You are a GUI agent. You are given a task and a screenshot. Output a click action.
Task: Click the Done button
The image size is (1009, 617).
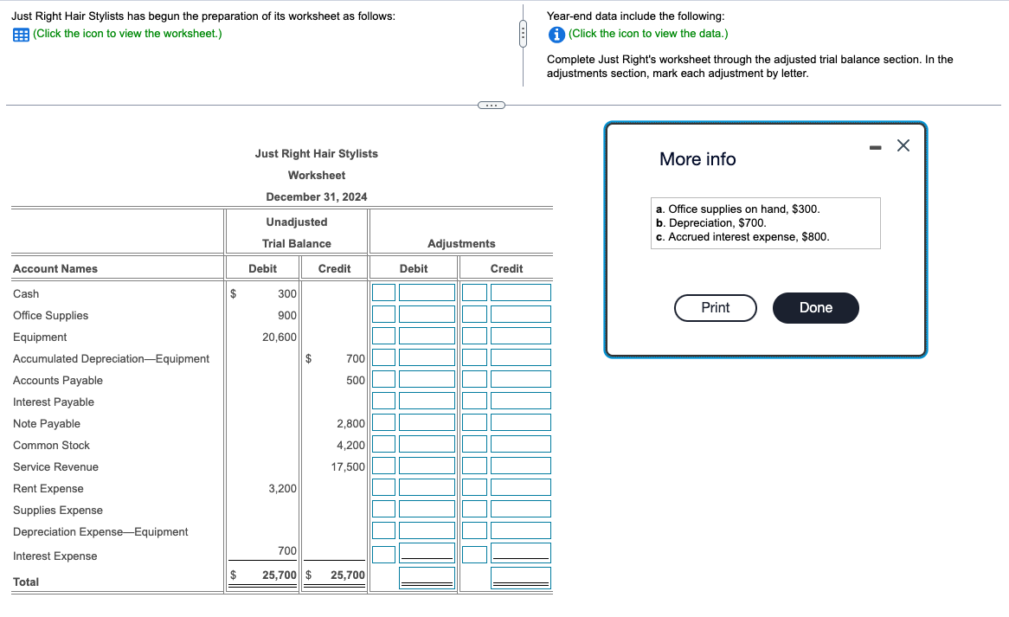pyautogui.click(x=815, y=307)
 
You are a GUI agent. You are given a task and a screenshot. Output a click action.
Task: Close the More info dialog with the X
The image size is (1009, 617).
pyautogui.click(x=903, y=145)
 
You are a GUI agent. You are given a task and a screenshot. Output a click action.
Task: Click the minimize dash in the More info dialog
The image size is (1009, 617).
pyautogui.click(x=875, y=147)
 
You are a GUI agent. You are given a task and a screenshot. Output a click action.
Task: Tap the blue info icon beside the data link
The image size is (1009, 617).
pyautogui.click(x=556, y=34)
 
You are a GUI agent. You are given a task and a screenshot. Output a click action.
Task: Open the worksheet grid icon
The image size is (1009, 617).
pyautogui.click(x=21, y=35)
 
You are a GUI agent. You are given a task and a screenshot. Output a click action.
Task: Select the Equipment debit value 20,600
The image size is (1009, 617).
pyautogui.click(x=280, y=337)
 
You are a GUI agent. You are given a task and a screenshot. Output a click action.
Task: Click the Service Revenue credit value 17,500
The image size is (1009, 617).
pyautogui.click(x=348, y=467)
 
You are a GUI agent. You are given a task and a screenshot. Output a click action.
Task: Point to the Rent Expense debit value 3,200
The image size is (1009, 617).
pyautogui.click(x=282, y=489)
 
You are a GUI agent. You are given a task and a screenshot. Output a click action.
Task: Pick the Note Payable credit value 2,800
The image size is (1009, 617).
pyautogui.click(x=350, y=424)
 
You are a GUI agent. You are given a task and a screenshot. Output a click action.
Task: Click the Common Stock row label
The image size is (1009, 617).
pyautogui.click(x=51, y=445)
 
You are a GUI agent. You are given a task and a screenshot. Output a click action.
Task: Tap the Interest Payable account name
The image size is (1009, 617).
pyautogui.click(x=54, y=402)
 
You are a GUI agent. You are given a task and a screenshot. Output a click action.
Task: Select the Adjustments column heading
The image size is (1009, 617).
pyautogui.click(x=461, y=244)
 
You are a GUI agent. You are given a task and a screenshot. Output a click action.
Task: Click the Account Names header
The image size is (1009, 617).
pyautogui.click(x=55, y=269)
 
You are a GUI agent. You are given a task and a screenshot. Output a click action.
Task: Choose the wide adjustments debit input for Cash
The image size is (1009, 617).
pyautogui.click(x=427, y=292)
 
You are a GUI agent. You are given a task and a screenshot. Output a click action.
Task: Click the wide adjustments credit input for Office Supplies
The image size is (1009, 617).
pyautogui.click(x=521, y=314)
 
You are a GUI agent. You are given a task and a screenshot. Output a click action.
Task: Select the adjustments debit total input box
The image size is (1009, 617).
pyautogui.click(x=427, y=577)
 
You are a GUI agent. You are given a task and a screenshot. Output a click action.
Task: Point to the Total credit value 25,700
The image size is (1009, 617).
pyautogui.click(x=348, y=575)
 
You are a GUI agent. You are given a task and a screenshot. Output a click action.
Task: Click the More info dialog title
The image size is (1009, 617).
pyautogui.click(x=697, y=159)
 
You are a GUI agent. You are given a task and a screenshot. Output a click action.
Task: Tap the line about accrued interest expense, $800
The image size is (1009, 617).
pyautogui.click(x=742, y=237)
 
